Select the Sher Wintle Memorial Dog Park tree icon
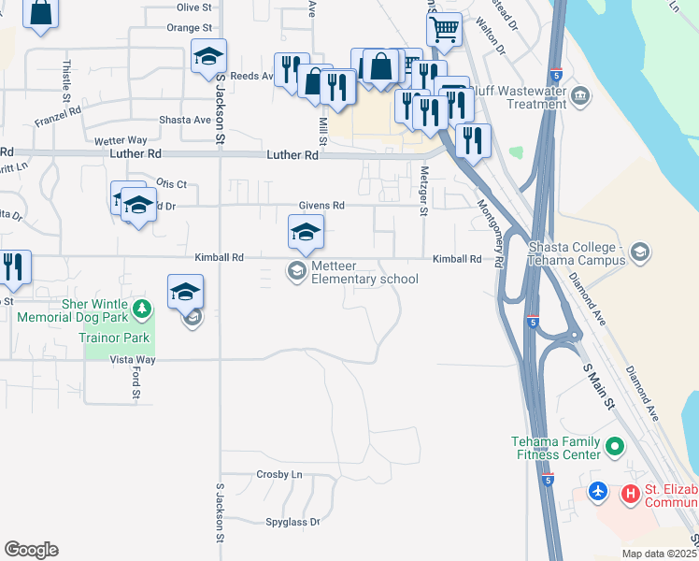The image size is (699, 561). pyautogui.click(x=142, y=308)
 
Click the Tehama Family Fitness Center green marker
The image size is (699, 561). pyautogui.click(x=614, y=448)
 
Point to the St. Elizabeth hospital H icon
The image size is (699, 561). pyautogui.click(x=631, y=492)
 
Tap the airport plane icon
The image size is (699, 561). pyautogui.click(x=599, y=490)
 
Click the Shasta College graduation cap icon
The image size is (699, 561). pyautogui.click(x=640, y=252)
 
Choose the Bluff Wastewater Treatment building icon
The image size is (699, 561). pyautogui.click(x=581, y=94)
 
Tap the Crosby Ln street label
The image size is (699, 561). pyautogui.click(x=279, y=475)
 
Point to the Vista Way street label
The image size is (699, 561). pyautogui.click(x=133, y=359)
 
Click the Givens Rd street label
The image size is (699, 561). pyautogui.click(x=321, y=206)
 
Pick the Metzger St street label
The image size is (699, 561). pyautogui.click(x=423, y=193)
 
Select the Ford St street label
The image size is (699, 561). pyautogui.click(x=136, y=385)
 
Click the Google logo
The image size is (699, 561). pyautogui.click(x=31, y=550)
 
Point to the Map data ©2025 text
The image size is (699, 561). pyautogui.click(x=660, y=554)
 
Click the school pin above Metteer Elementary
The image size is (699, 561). pyautogui.click(x=305, y=233)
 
